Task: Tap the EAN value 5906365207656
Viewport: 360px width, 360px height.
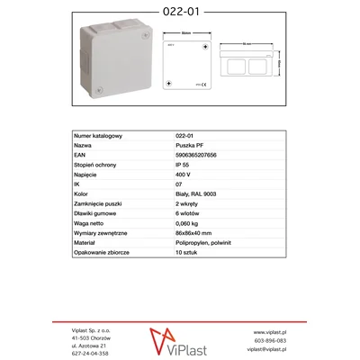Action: (x=196, y=154)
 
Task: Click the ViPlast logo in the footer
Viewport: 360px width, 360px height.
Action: (x=179, y=342)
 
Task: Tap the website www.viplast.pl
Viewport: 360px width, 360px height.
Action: (x=269, y=332)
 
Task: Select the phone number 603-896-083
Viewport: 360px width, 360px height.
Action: (x=269, y=341)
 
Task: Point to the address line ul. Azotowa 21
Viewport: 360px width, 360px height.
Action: (x=90, y=345)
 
